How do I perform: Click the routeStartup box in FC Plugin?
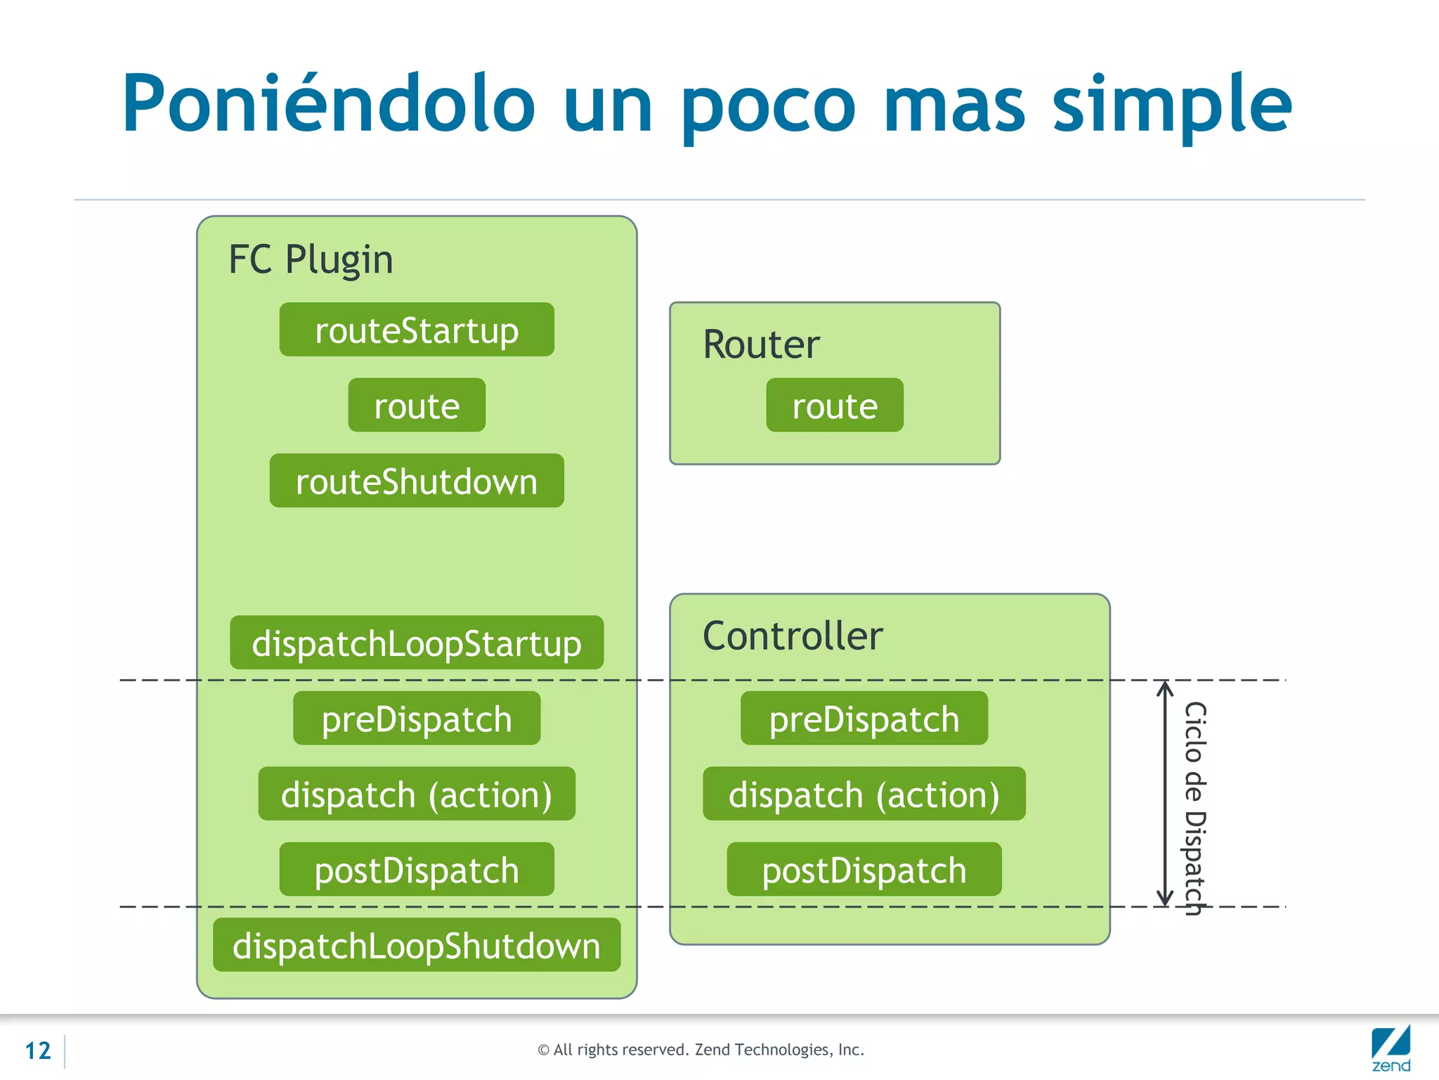tap(417, 330)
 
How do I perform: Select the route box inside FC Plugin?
tap(417, 406)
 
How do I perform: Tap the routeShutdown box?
tap(417, 481)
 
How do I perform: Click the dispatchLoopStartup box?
tap(417, 643)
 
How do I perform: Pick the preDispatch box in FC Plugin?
tap(417, 719)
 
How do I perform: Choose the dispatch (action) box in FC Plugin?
tap(417, 794)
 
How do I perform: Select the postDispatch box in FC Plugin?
tap(417, 870)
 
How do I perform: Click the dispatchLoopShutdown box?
tap(417, 945)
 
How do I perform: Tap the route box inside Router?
tap(835, 406)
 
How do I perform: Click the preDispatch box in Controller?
tap(864, 719)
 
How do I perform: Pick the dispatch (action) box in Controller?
tap(864, 794)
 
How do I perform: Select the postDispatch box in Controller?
tap(864, 870)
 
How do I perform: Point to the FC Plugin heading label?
tap(311, 259)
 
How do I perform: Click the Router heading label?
tap(761, 345)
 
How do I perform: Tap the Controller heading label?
tap(793, 636)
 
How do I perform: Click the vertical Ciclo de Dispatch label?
tap(1195, 809)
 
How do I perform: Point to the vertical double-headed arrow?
tap(1165, 794)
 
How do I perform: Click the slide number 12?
tap(38, 1050)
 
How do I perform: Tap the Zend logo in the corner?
tap(1391, 1049)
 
